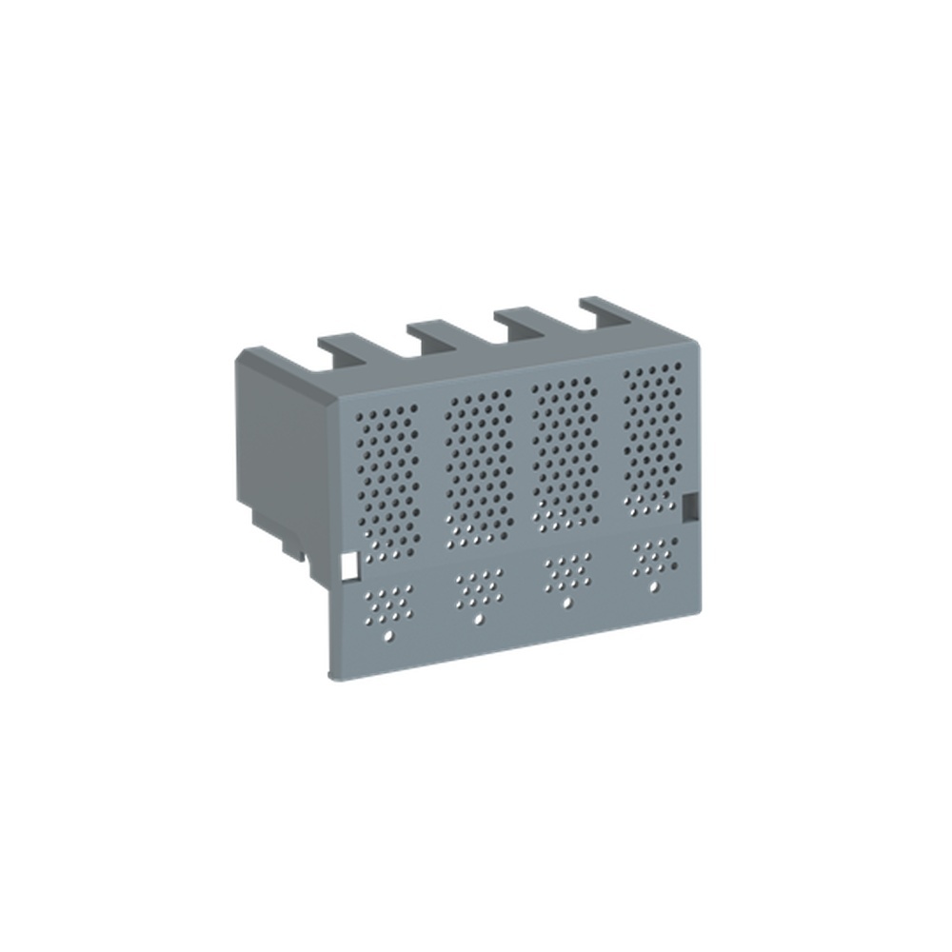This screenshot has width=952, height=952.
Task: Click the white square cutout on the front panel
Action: coord(347,567)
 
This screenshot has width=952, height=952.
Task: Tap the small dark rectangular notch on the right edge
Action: coord(692,505)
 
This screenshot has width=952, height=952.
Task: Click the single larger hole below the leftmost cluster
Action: coord(387,634)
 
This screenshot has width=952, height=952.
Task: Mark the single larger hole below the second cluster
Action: coord(478,619)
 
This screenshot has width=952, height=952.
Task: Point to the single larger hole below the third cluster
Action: coord(567,605)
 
